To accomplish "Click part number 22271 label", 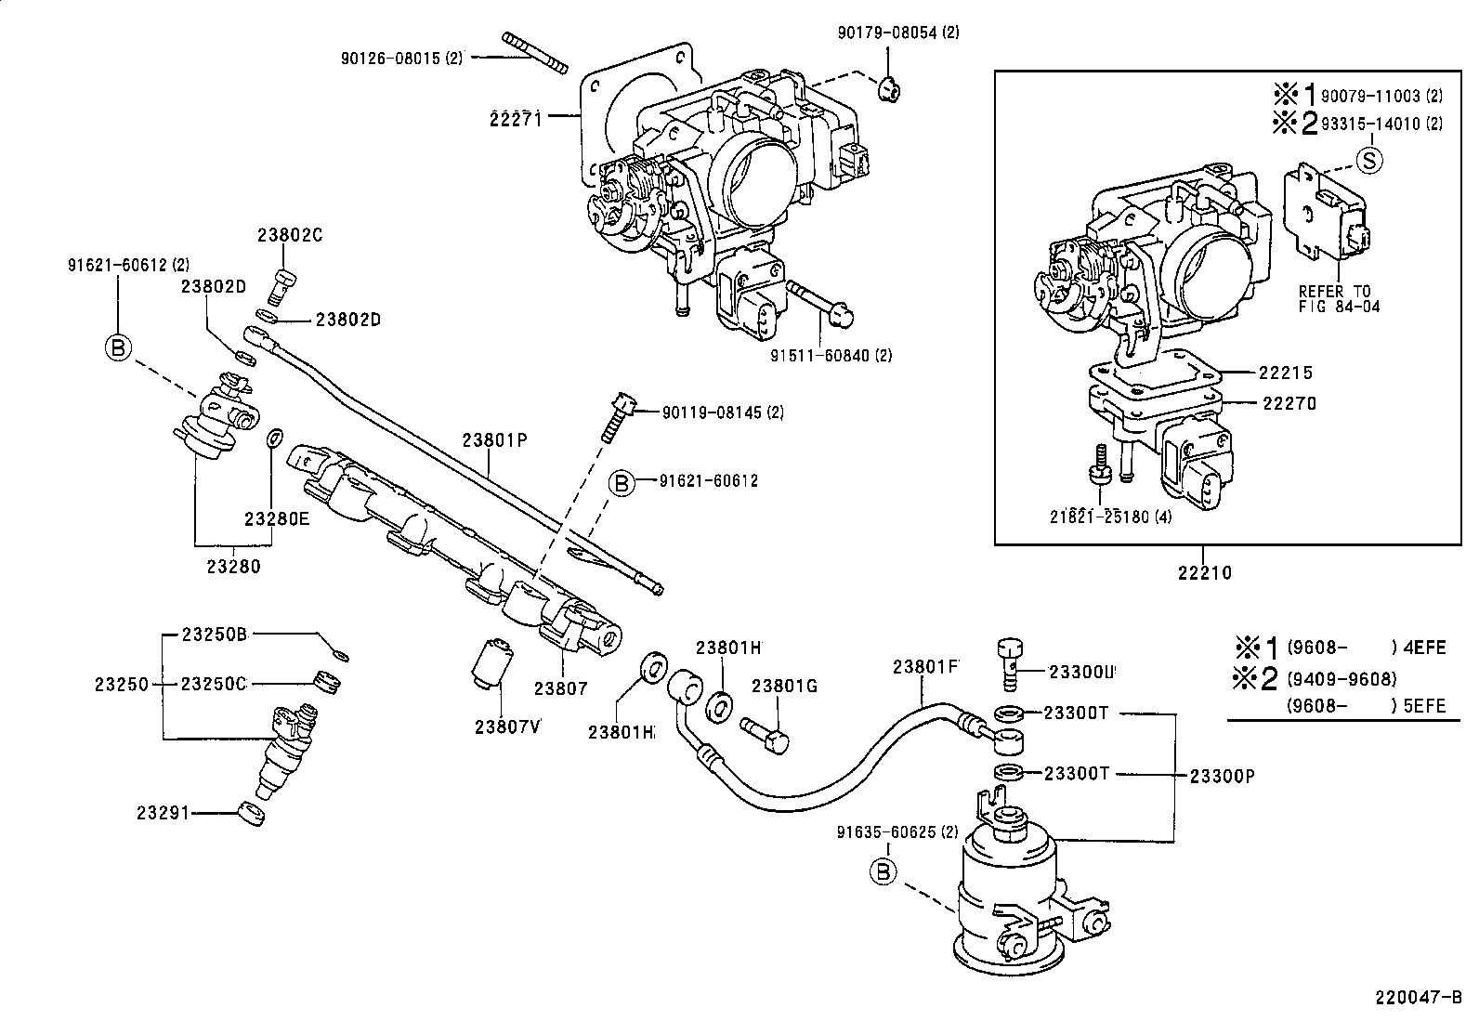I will pos(516,117).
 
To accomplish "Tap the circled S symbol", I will pos(1368,160).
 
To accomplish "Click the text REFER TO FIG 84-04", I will pos(1335,298).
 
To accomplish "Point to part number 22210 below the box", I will pos(1204,572).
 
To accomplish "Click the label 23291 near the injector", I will pos(163,813).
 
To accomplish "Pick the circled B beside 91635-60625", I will pos(883,870).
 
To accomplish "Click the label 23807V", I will pos(507,726).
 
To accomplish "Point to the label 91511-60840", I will pos(831,355).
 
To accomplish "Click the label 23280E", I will pos(276,519).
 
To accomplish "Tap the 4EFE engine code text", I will pos(1427,648).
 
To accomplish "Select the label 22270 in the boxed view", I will pos(1289,404).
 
